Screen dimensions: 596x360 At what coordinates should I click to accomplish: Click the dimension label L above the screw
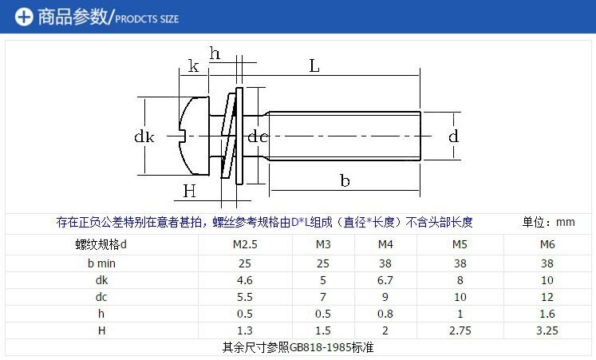(314, 67)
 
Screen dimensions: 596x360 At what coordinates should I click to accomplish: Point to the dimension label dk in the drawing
(144, 137)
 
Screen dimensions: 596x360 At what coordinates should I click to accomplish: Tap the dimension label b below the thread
(345, 181)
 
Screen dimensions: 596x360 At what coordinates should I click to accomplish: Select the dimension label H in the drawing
(189, 191)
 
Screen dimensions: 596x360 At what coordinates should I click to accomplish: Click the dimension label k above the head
(193, 67)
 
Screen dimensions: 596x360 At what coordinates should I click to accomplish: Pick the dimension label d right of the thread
(453, 136)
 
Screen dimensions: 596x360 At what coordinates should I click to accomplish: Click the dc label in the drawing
(257, 137)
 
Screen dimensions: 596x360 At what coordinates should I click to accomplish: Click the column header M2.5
(244, 244)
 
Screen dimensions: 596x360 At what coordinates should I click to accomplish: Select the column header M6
(547, 244)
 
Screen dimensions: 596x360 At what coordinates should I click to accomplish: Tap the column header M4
(385, 244)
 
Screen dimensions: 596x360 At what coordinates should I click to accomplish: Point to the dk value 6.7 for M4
(385, 279)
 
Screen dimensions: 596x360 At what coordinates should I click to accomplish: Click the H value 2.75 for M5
(460, 330)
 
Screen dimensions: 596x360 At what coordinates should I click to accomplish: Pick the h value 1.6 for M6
(547, 313)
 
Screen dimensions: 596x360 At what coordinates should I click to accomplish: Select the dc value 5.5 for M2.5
(244, 296)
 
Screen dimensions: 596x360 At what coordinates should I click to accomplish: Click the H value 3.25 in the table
(547, 330)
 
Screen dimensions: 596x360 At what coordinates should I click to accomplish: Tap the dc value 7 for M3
(323, 296)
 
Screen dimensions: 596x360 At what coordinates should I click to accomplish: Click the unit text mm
(565, 223)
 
